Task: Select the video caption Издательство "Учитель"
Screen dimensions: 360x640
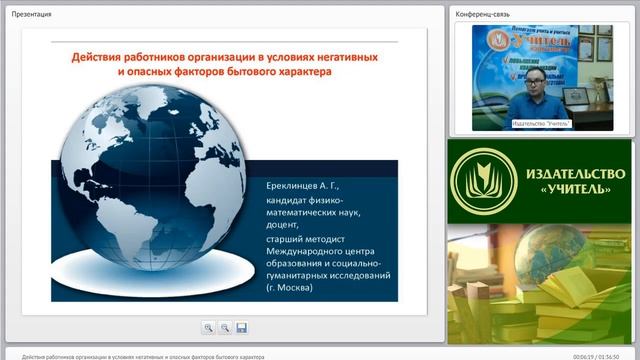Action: point(539,124)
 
